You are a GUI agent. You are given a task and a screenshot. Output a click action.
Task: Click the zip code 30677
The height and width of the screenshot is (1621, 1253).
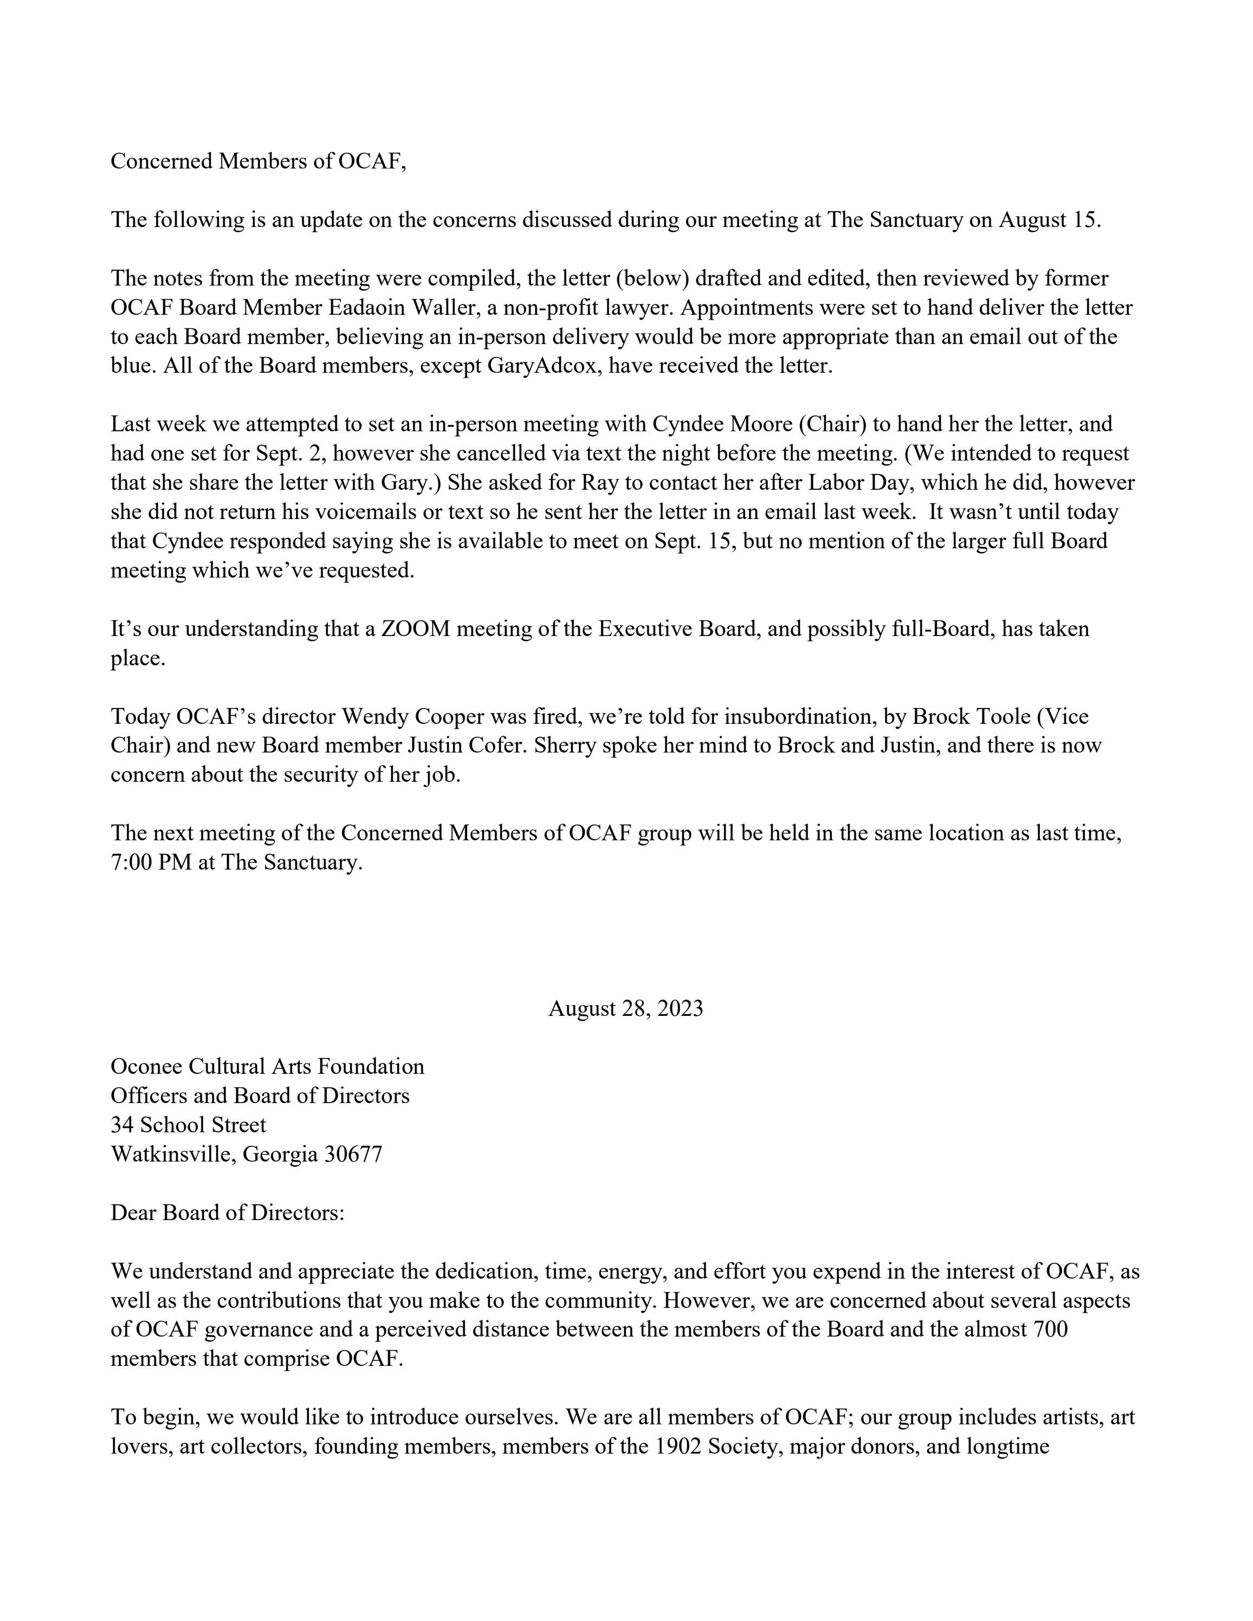click(353, 1154)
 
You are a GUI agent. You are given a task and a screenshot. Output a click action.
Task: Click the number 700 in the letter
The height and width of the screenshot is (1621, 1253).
click(1050, 1328)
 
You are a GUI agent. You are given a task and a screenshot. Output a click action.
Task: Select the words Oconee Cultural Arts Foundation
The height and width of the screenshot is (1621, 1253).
click(267, 1067)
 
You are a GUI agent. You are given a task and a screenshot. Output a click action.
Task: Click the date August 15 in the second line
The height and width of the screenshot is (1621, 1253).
click(1048, 220)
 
